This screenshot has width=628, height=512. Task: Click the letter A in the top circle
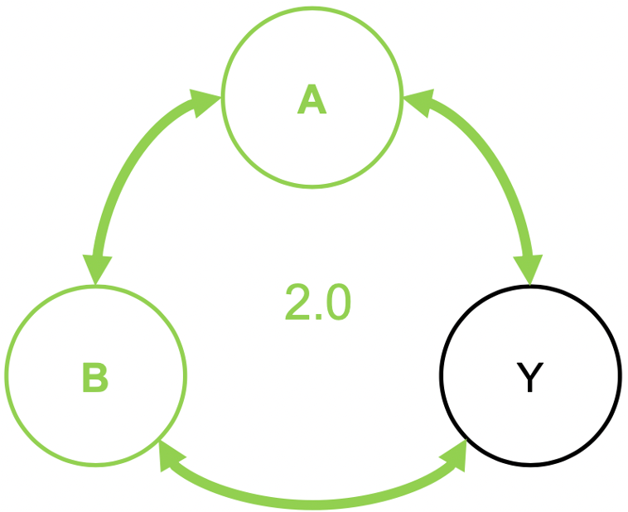(312, 100)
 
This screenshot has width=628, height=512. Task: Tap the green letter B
(95, 378)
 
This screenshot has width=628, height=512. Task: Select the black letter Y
(529, 378)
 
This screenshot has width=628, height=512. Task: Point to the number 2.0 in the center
(317, 302)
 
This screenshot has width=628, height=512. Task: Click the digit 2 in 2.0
(297, 302)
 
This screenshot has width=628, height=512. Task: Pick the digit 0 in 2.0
(336, 302)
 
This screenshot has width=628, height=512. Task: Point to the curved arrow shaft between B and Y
(313, 501)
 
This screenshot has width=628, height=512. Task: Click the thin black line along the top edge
(314, 1)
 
